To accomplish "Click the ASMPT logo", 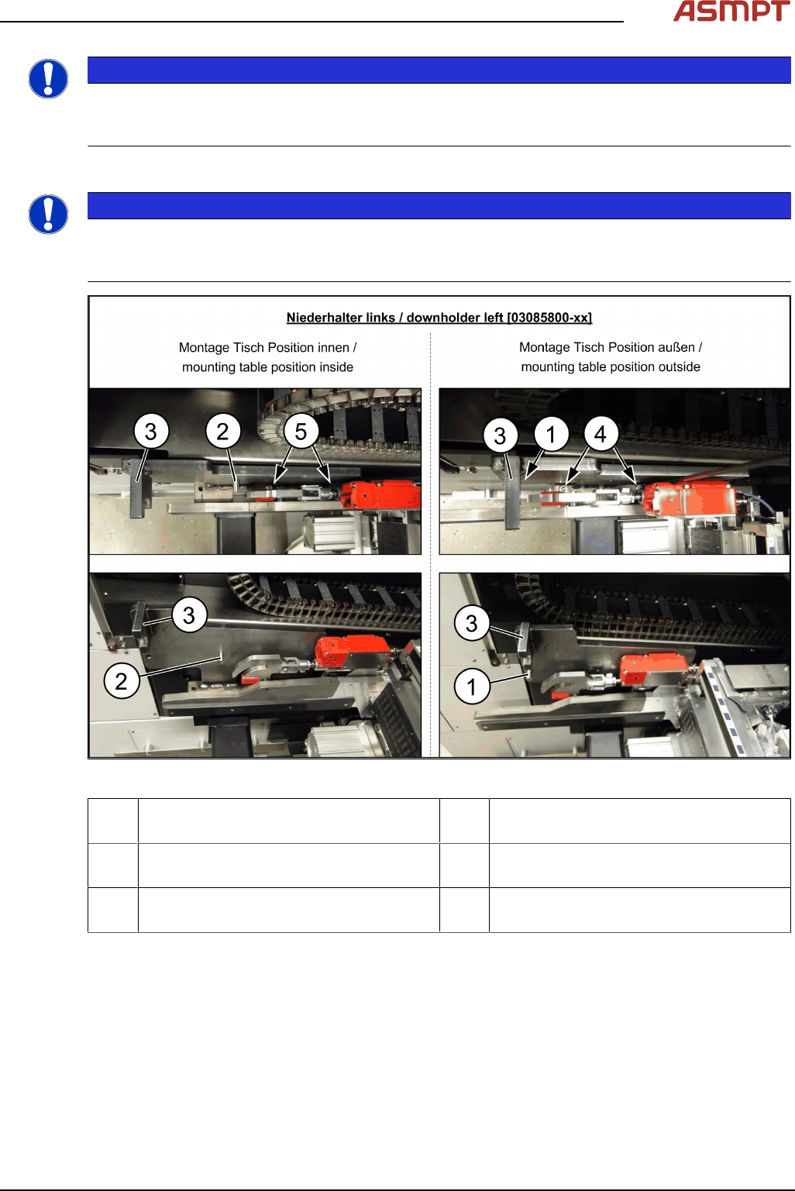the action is coord(731,11).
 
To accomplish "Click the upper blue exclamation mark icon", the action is coord(48,79).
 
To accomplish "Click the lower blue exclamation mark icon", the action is coord(48,215).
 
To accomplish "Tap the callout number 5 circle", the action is coord(301,431).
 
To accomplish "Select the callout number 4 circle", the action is coord(601,434).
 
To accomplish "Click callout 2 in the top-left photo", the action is coord(223,431).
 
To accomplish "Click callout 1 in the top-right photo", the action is coord(551,435).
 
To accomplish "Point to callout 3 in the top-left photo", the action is coord(151,431).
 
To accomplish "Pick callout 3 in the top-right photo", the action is coord(500,435).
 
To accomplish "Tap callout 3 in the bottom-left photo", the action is coord(189,615).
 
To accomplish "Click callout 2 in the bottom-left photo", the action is coord(122,681).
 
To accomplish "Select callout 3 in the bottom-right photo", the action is coord(472,623).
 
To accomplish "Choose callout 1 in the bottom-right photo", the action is coord(472,687).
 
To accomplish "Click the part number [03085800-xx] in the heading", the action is coord(549,318).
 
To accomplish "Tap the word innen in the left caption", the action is coord(333,348).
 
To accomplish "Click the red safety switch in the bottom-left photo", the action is coord(352,652).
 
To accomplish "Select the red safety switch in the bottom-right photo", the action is coord(656,670).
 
